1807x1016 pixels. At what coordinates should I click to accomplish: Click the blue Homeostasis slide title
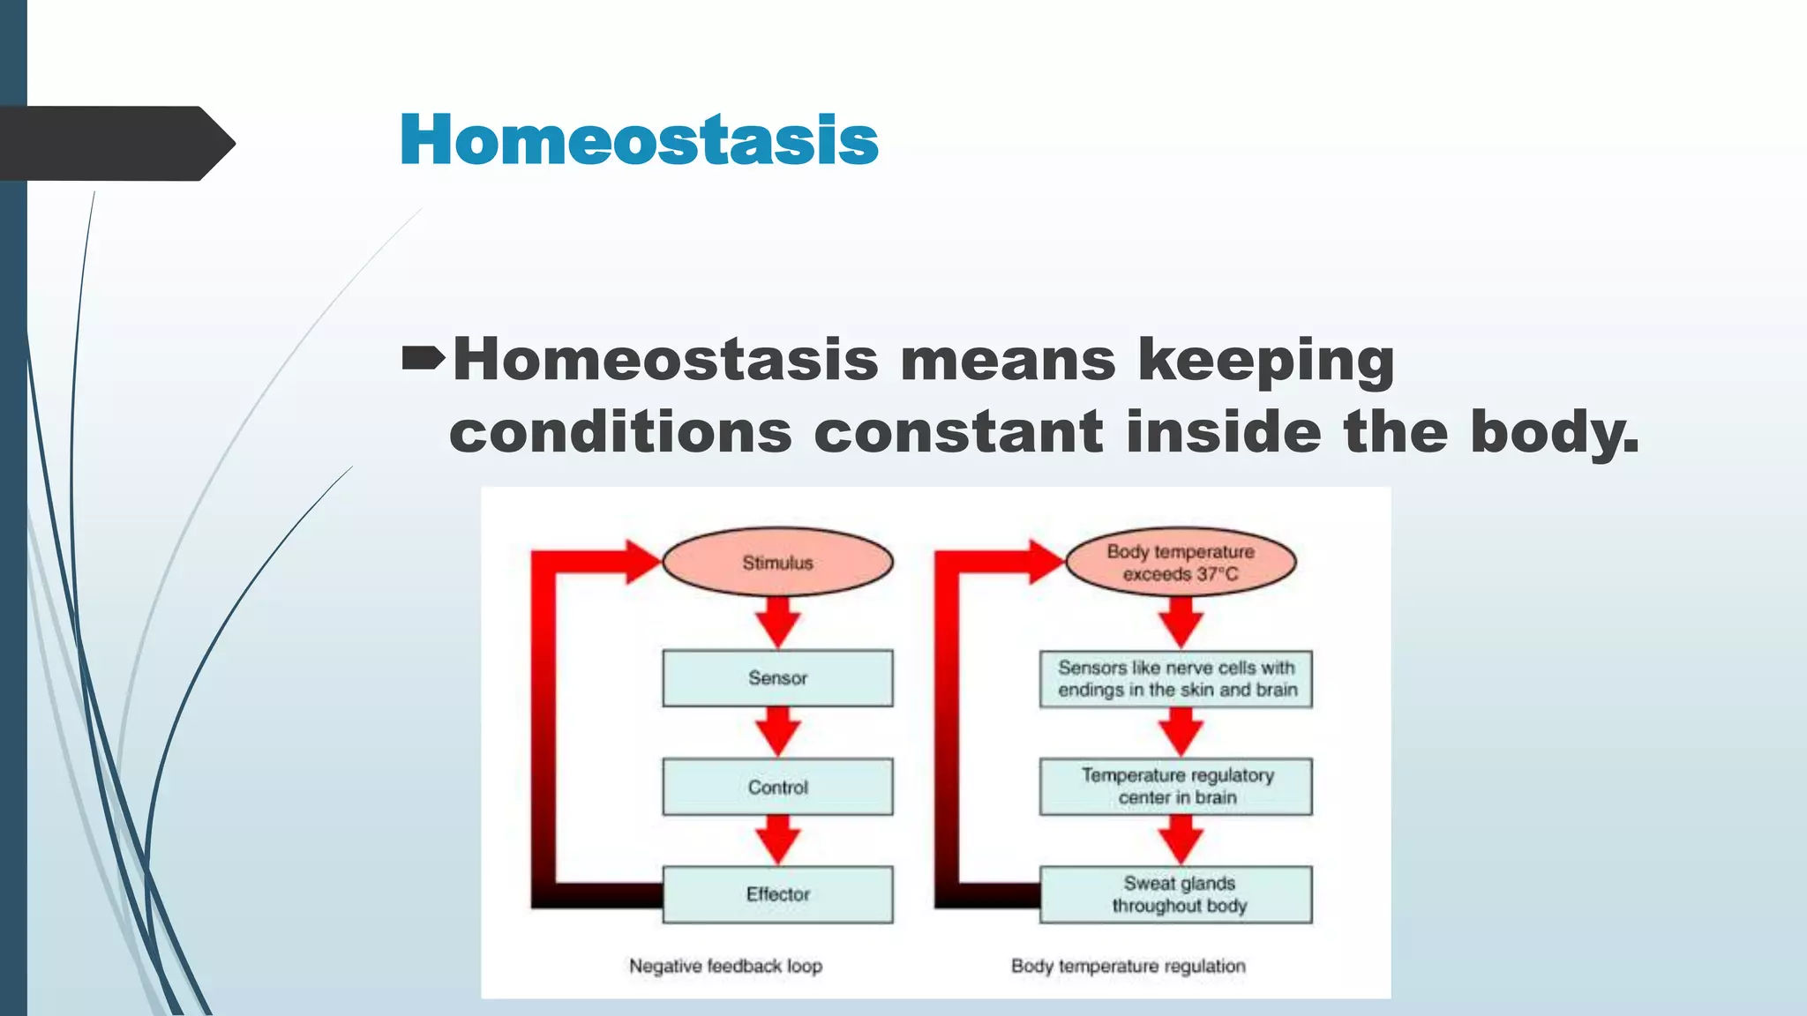(639, 141)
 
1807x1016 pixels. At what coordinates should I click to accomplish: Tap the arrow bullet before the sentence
(424, 359)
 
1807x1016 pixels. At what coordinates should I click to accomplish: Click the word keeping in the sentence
(1266, 362)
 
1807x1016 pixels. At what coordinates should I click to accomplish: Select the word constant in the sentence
(957, 432)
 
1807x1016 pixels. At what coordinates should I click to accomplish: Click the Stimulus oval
(777, 563)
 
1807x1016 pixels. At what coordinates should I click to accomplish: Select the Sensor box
(777, 678)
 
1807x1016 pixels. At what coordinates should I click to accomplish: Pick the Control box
(777, 787)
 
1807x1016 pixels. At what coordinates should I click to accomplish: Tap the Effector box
(777, 894)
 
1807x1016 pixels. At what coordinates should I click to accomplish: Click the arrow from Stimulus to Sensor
(777, 622)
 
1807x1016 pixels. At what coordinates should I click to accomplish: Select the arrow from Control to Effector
(777, 839)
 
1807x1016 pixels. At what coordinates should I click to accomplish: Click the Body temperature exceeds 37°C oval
(1181, 563)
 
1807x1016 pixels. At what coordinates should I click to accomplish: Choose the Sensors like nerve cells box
(1176, 679)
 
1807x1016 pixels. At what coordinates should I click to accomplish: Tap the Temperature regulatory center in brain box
(1176, 786)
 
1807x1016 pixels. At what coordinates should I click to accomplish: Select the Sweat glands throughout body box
(1176, 894)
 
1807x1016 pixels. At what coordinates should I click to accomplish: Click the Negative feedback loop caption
(725, 966)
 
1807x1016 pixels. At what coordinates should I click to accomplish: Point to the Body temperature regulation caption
(1128, 966)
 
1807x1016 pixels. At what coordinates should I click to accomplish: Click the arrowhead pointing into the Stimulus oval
(642, 562)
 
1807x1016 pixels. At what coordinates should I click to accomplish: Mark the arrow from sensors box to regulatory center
(1181, 732)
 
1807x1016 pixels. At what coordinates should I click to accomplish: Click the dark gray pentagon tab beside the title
(115, 144)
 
